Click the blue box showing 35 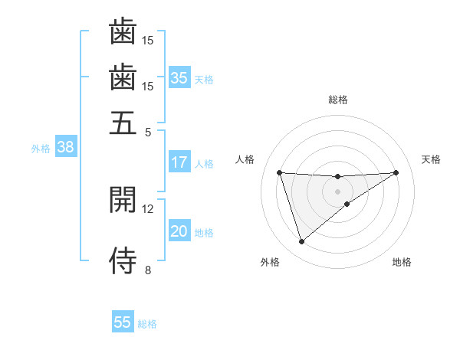coord(179,77)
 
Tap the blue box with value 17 coord(179,162)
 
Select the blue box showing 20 coord(179,232)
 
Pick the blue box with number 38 coord(65,148)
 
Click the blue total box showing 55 coord(123,322)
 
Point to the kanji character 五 coord(123,122)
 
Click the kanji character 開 coord(123,198)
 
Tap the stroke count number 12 coord(148,208)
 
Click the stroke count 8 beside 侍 coord(148,270)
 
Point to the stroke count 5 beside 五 coord(148,132)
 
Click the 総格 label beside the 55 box coord(147,324)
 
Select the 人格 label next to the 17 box coord(204,163)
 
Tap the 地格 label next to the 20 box coord(204,233)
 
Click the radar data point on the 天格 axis coord(396,172)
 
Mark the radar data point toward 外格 coord(301,242)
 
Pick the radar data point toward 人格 coord(280,172)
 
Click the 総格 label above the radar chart coord(338,100)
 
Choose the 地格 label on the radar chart coord(402,263)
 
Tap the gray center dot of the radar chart coord(338,191)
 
